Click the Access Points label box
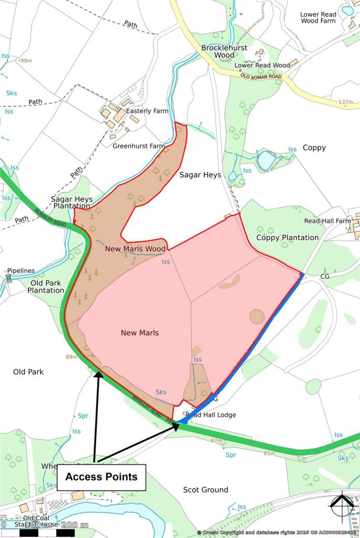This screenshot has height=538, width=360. (101, 477)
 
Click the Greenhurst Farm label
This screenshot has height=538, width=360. (139, 146)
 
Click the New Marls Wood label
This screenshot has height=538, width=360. (136, 249)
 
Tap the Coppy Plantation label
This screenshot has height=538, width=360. (287, 237)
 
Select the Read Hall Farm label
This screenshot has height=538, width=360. (327, 221)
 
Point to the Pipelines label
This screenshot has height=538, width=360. (20, 271)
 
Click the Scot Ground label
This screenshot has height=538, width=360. (205, 490)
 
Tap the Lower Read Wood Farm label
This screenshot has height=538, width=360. (318, 17)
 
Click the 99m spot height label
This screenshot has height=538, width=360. (26, 61)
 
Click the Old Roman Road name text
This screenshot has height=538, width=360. (261, 77)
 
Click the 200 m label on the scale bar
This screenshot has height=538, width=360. (75, 524)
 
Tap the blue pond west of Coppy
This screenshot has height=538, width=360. (266, 160)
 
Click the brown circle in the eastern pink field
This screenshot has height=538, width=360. (257, 316)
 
